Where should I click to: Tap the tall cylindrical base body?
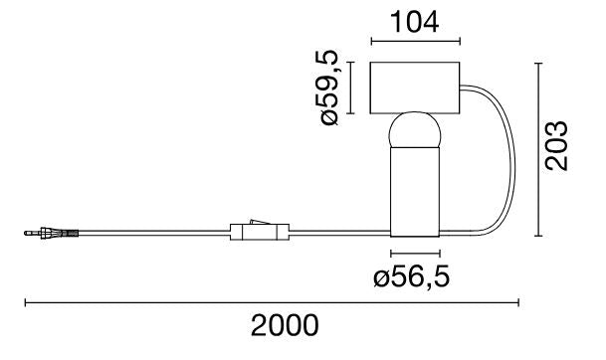pos(415,194)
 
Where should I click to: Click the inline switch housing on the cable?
pos(260,234)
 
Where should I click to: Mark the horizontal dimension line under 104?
pos(415,42)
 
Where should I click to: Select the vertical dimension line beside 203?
pos(538,149)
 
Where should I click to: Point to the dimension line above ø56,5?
pos(415,255)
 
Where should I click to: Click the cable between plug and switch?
pos(149,234)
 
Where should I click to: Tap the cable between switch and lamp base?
pos(338,234)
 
